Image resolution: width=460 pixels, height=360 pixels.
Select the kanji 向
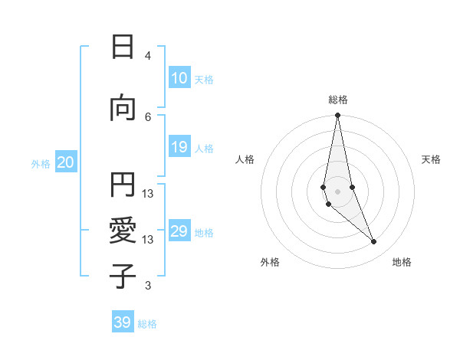pyautogui.click(x=123, y=108)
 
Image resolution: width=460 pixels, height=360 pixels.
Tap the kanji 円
pyautogui.click(x=123, y=185)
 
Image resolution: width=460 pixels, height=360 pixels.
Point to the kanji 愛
pyautogui.click(x=123, y=231)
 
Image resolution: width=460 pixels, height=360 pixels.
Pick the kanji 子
pyautogui.click(x=123, y=277)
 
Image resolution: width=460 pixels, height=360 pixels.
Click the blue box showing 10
pyautogui.click(x=179, y=78)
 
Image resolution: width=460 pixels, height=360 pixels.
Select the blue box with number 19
pyautogui.click(x=179, y=147)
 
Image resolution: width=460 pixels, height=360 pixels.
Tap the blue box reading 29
pyautogui.click(x=179, y=231)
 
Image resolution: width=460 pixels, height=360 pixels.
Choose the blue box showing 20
pyautogui.click(x=65, y=162)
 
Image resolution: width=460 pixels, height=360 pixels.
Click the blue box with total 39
pyautogui.click(x=123, y=322)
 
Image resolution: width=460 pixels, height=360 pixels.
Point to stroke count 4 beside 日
pyautogui.click(x=148, y=56)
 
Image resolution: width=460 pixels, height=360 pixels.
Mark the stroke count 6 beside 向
pyautogui.click(x=148, y=116)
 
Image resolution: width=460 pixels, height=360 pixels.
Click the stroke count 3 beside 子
pyautogui.click(x=148, y=286)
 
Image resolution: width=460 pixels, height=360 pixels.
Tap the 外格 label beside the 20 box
pyautogui.click(x=41, y=163)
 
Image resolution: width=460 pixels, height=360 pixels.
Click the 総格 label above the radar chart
pyautogui.click(x=338, y=100)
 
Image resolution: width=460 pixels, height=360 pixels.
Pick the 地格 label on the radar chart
pyautogui.click(x=402, y=262)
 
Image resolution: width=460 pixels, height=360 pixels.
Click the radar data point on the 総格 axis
pyautogui.click(x=337, y=116)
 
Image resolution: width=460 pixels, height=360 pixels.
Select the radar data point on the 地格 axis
pyautogui.click(x=374, y=242)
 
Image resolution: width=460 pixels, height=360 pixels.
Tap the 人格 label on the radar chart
pyautogui.click(x=245, y=159)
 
